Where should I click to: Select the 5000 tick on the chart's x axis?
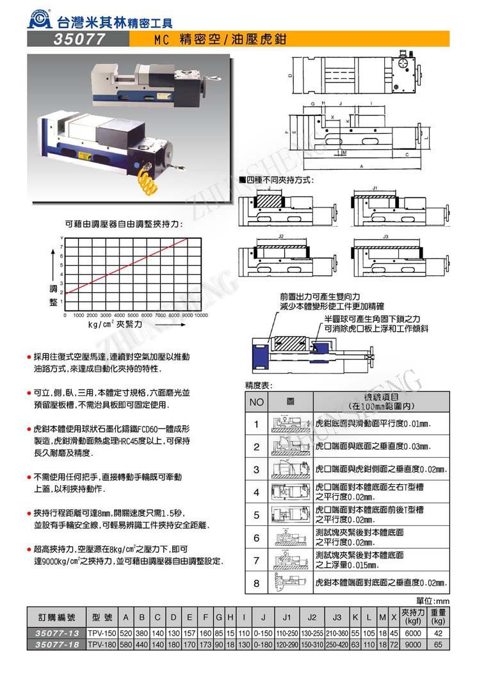133,315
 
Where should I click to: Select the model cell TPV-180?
101,644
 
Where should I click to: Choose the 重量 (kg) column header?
439,617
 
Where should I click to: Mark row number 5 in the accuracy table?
257,515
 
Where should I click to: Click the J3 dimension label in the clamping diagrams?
385,237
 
